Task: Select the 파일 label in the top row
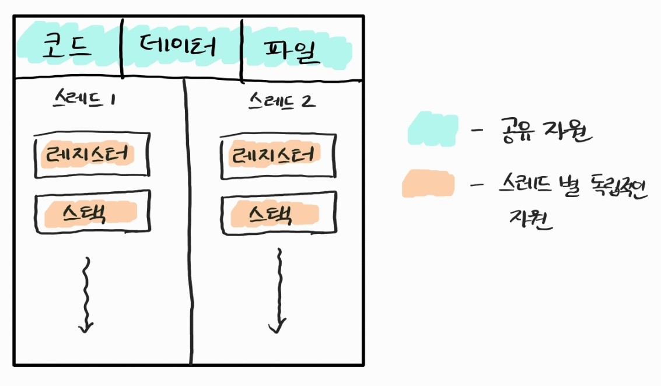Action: (x=292, y=51)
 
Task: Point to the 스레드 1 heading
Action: (x=83, y=100)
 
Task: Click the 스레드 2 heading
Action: (x=281, y=101)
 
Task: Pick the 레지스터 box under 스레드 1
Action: (x=92, y=156)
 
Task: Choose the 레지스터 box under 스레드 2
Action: (x=278, y=156)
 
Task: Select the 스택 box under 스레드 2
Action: (x=278, y=213)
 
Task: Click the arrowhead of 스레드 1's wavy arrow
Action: (x=86, y=326)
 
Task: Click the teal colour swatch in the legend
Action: (x=432, y=129)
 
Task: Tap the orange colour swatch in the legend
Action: (x=428, y=184)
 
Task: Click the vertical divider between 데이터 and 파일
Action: (x=242, y=50)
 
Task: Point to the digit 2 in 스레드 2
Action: (x=309, y=101)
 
